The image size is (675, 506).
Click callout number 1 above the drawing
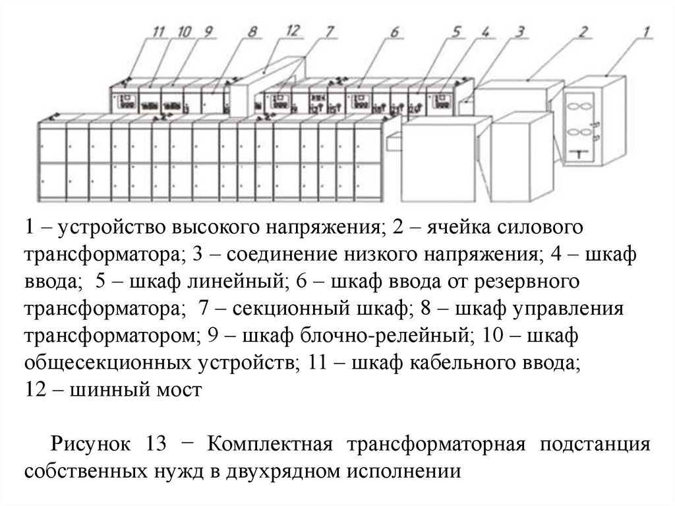[647, 30]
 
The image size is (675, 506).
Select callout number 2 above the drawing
[583, 30]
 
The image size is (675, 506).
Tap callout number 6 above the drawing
[394, 30]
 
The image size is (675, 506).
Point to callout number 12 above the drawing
[294, 30]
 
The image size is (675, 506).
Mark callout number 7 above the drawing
[330, 30]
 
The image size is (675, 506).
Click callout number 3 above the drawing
[520, 30]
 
